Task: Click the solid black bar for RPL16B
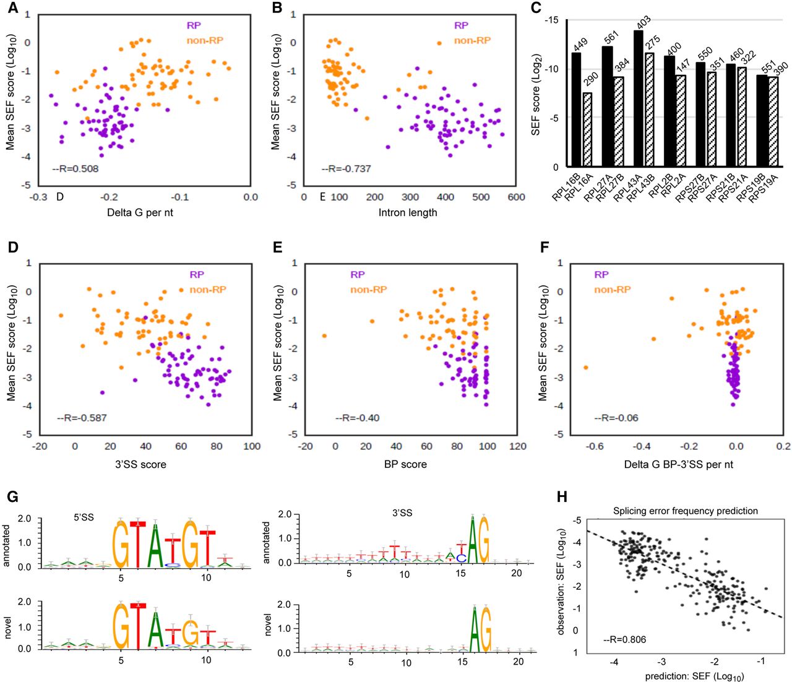576,110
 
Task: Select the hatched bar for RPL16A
587,129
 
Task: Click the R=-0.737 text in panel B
346,168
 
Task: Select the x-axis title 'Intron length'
407,213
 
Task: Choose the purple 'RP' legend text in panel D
197,274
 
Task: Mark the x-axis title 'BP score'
405,464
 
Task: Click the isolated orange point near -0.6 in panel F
585,368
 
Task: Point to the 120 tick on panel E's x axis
518,446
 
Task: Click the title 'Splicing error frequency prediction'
686,511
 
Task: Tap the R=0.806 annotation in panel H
624,639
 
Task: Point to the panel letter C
536,9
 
